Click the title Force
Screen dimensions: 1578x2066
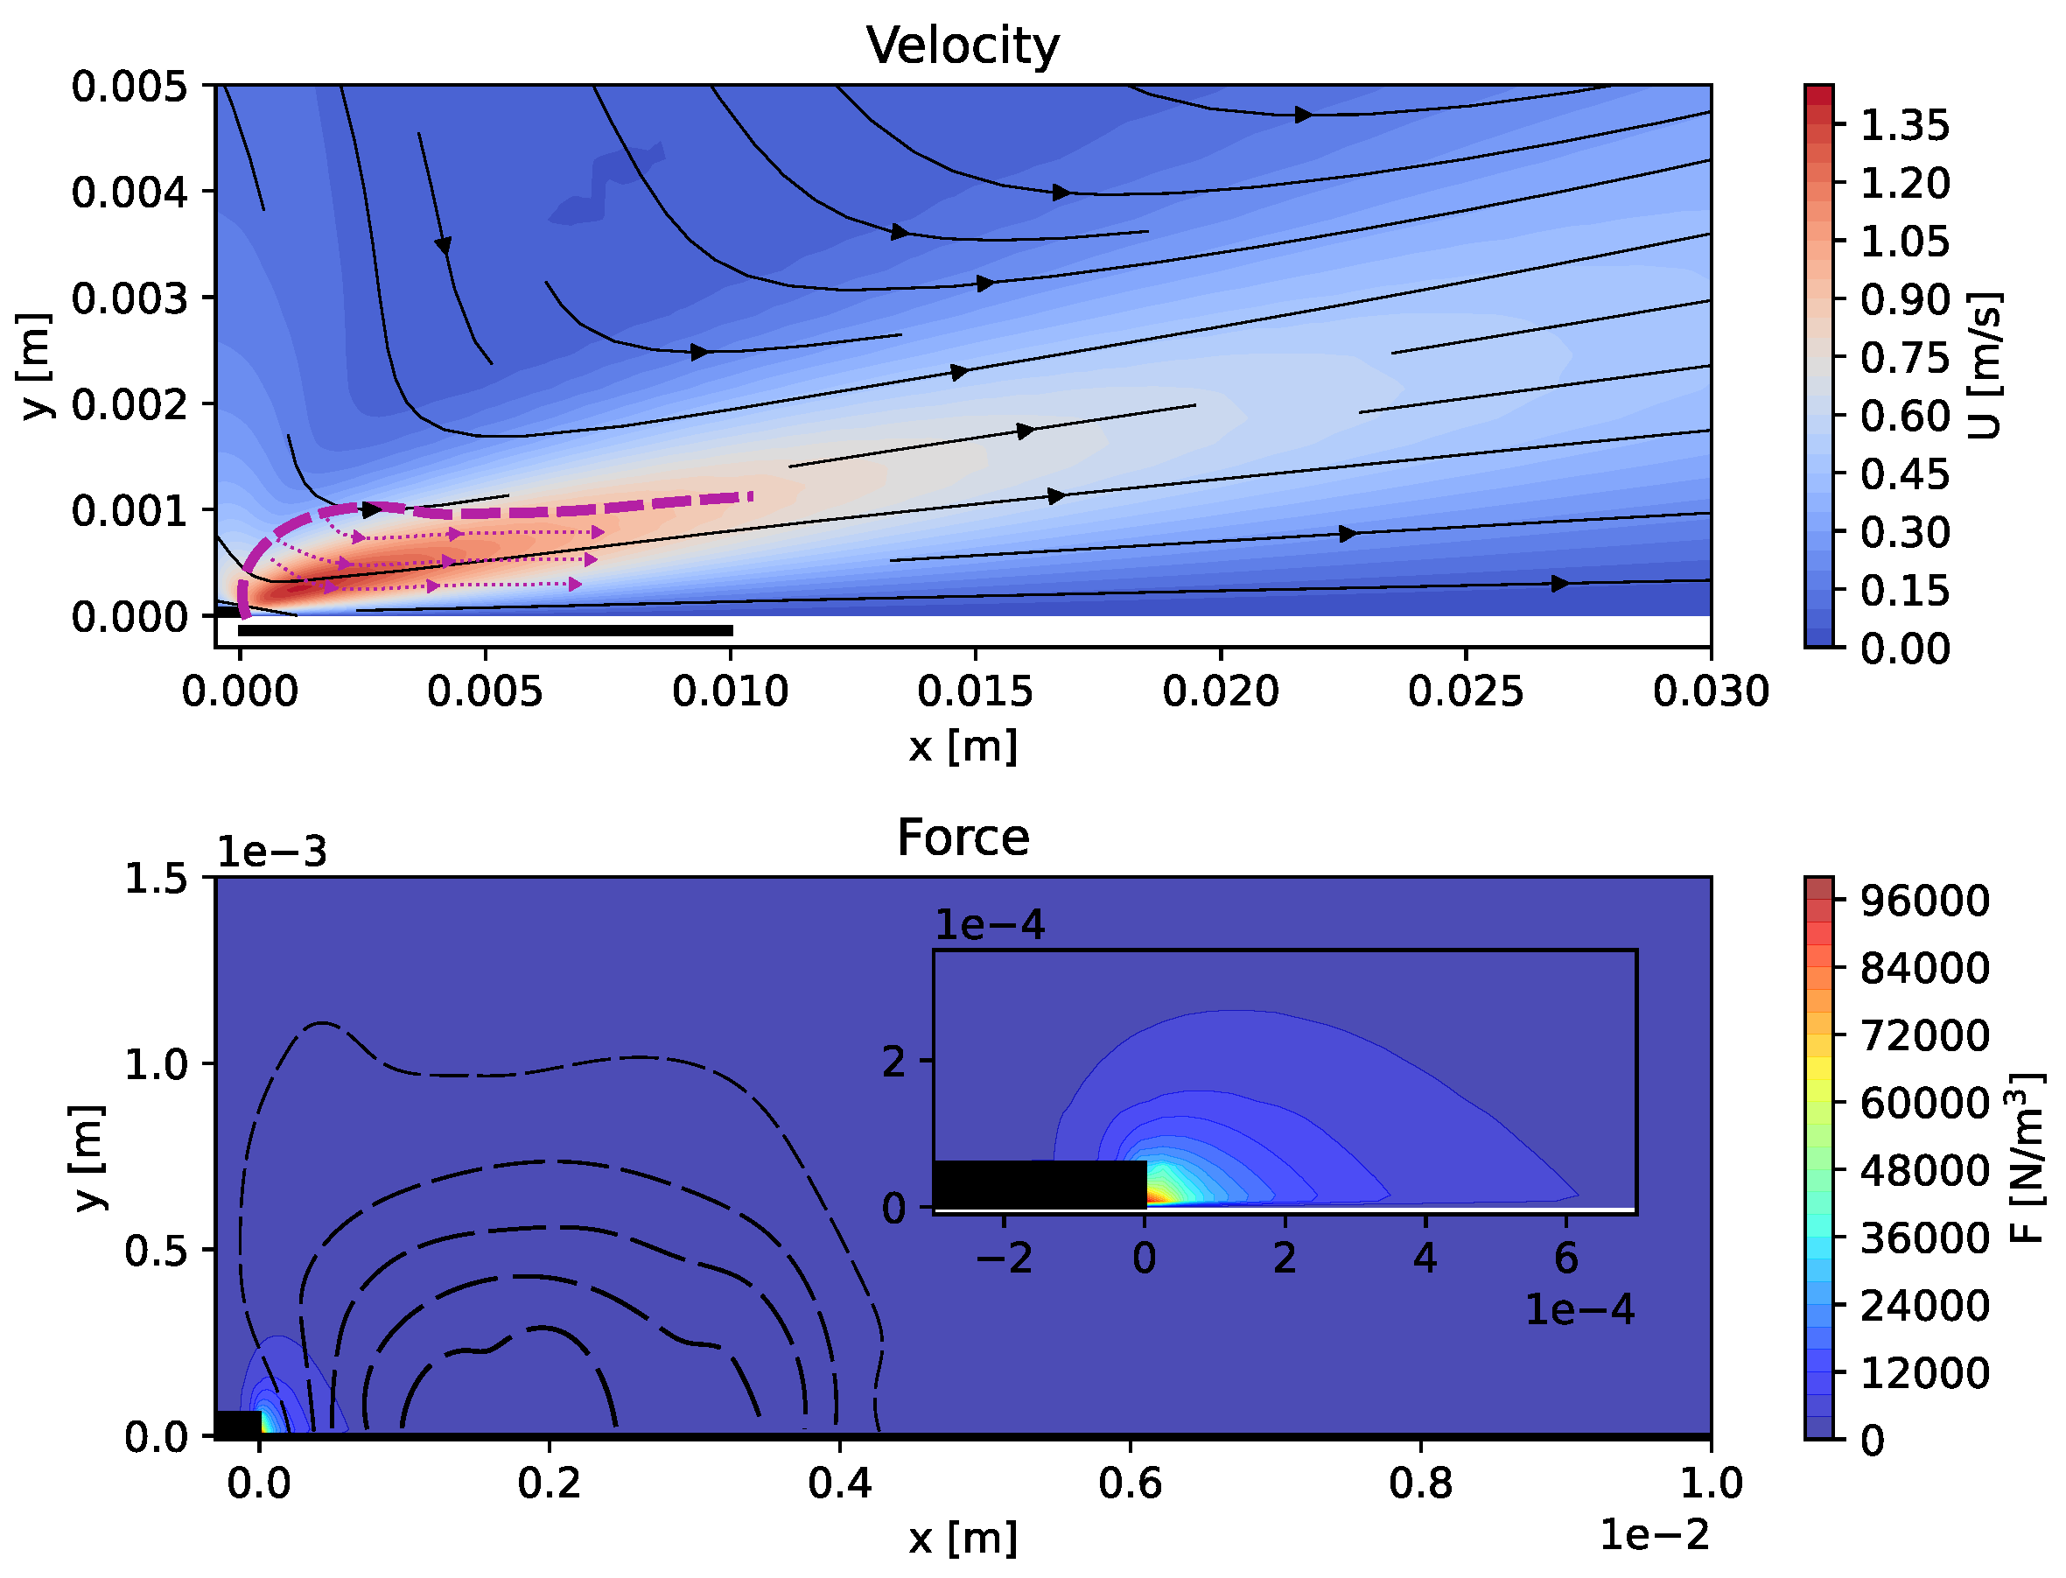963,837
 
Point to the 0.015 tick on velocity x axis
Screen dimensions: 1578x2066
975,692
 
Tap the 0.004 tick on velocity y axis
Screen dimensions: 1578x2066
130,193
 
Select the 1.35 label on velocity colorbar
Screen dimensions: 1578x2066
1904,125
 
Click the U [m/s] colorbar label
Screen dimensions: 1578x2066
1985,367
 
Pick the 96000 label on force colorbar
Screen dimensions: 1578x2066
1924,901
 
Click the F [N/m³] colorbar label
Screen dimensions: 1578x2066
2028,1158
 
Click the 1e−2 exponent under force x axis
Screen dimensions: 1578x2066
1654,1535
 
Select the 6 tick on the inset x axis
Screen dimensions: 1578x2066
1565,1259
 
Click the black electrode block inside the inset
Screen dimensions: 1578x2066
1040,1184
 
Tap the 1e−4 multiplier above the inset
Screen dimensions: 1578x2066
989,925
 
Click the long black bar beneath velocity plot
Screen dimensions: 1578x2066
486,630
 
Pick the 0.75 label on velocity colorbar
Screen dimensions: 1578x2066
1904,358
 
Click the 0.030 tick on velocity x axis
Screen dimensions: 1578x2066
1710,692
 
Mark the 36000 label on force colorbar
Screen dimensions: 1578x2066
1924,1238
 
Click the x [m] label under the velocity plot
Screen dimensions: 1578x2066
963,747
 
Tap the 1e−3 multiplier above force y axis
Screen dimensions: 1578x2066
271,852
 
